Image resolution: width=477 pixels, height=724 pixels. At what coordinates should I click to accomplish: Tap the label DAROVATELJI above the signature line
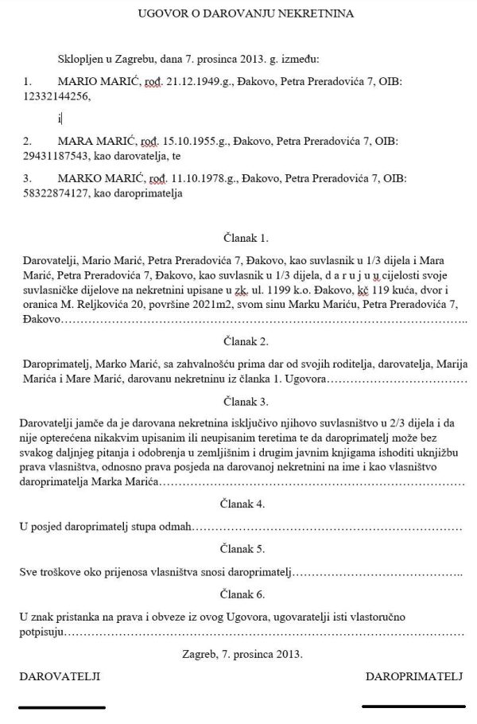pyautogui.click(x=60, y=676)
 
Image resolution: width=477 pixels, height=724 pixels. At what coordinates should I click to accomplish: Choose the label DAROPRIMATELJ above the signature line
pyautogui.click(x=413, y=676)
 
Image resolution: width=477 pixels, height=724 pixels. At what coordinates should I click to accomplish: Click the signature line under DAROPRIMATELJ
pyautogui.click(x=412, y=706)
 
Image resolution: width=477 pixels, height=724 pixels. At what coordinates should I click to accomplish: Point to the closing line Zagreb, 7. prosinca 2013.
pyautogui.click(x=243, y=654)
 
